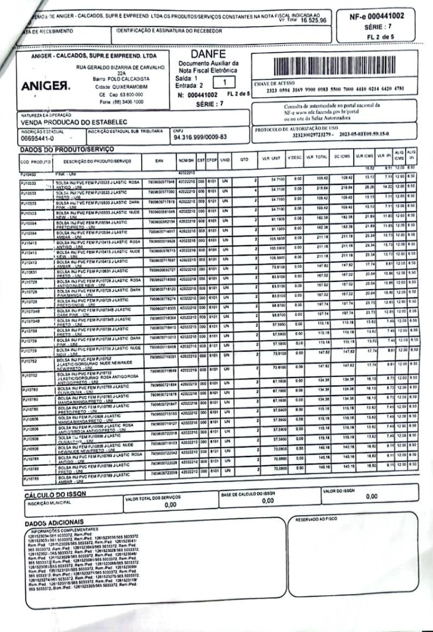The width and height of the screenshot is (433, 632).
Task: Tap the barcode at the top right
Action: click(x=332, y=66)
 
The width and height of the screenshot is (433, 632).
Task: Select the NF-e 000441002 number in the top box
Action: click(x=381, y=16)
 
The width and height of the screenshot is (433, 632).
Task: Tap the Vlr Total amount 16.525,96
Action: click(x=313, y=20)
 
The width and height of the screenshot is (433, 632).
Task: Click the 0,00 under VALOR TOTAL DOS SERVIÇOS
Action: click(x=171, y=504)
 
